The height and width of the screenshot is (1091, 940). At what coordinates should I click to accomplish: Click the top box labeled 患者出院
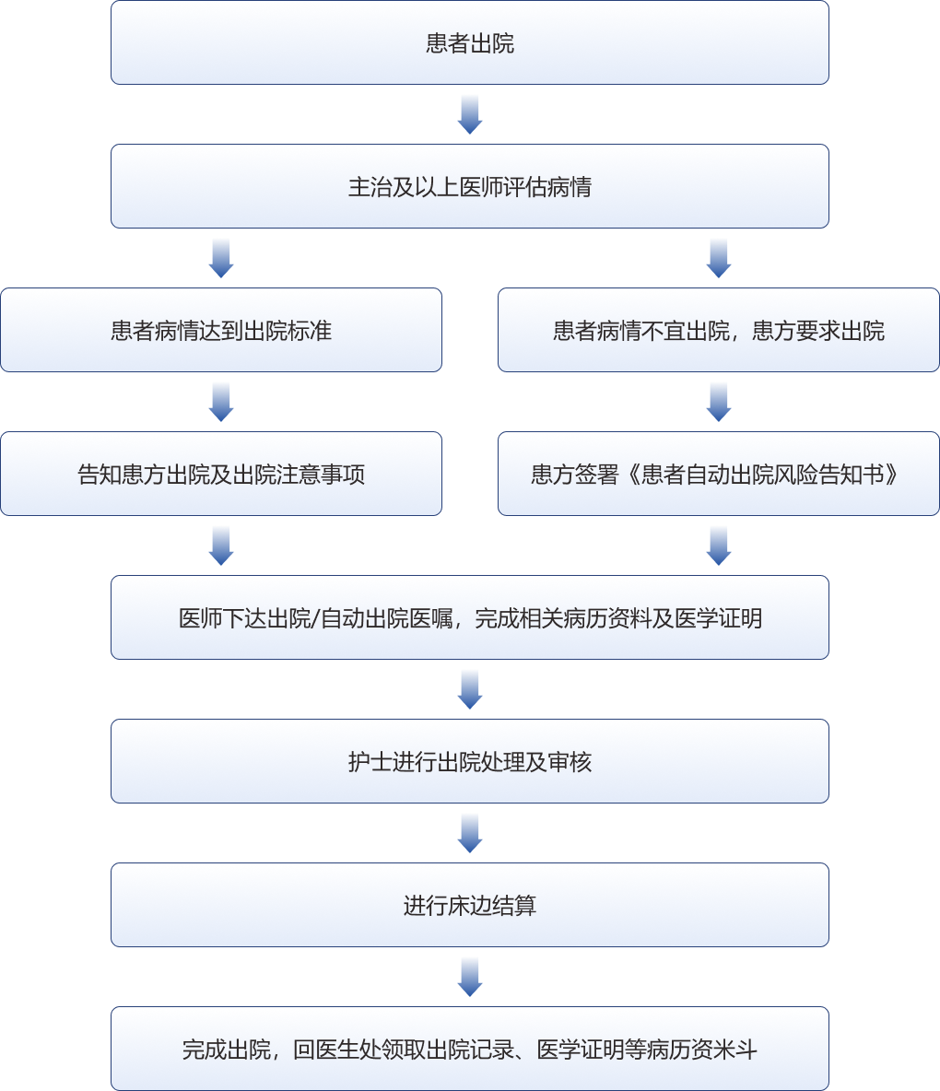470,43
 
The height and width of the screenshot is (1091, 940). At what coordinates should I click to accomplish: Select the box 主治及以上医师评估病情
470,187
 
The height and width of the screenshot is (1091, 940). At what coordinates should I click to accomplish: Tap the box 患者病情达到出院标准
221,331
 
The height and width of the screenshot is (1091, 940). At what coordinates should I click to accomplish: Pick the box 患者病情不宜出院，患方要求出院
719,331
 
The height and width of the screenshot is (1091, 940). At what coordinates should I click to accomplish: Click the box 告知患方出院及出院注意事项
221,475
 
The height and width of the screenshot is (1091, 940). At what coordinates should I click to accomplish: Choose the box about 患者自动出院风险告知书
719,475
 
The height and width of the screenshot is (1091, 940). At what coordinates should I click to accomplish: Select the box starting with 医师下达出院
470,618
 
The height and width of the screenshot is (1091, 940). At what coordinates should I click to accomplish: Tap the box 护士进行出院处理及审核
470,762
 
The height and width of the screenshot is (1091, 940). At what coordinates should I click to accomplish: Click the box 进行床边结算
470,906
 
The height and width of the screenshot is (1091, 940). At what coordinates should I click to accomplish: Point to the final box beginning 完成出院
470,1050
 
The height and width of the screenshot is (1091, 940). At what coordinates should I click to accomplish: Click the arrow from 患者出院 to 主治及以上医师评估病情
470,114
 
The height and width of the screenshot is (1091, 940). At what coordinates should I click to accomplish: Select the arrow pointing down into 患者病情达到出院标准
221,258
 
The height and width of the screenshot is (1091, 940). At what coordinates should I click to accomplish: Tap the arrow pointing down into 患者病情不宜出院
719,258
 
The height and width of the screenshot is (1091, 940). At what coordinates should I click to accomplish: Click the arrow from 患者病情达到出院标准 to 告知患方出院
221,402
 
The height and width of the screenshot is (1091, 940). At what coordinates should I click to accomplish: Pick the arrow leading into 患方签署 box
719,402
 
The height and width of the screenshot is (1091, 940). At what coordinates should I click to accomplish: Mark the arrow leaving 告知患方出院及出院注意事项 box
221,545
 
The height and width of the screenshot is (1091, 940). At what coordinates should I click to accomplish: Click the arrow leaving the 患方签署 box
719,545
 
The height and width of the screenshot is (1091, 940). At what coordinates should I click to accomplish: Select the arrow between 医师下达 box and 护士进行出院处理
470,689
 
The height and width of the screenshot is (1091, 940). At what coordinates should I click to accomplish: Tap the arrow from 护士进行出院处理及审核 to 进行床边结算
470,833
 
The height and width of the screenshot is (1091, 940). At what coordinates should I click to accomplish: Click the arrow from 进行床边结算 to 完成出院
470,977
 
